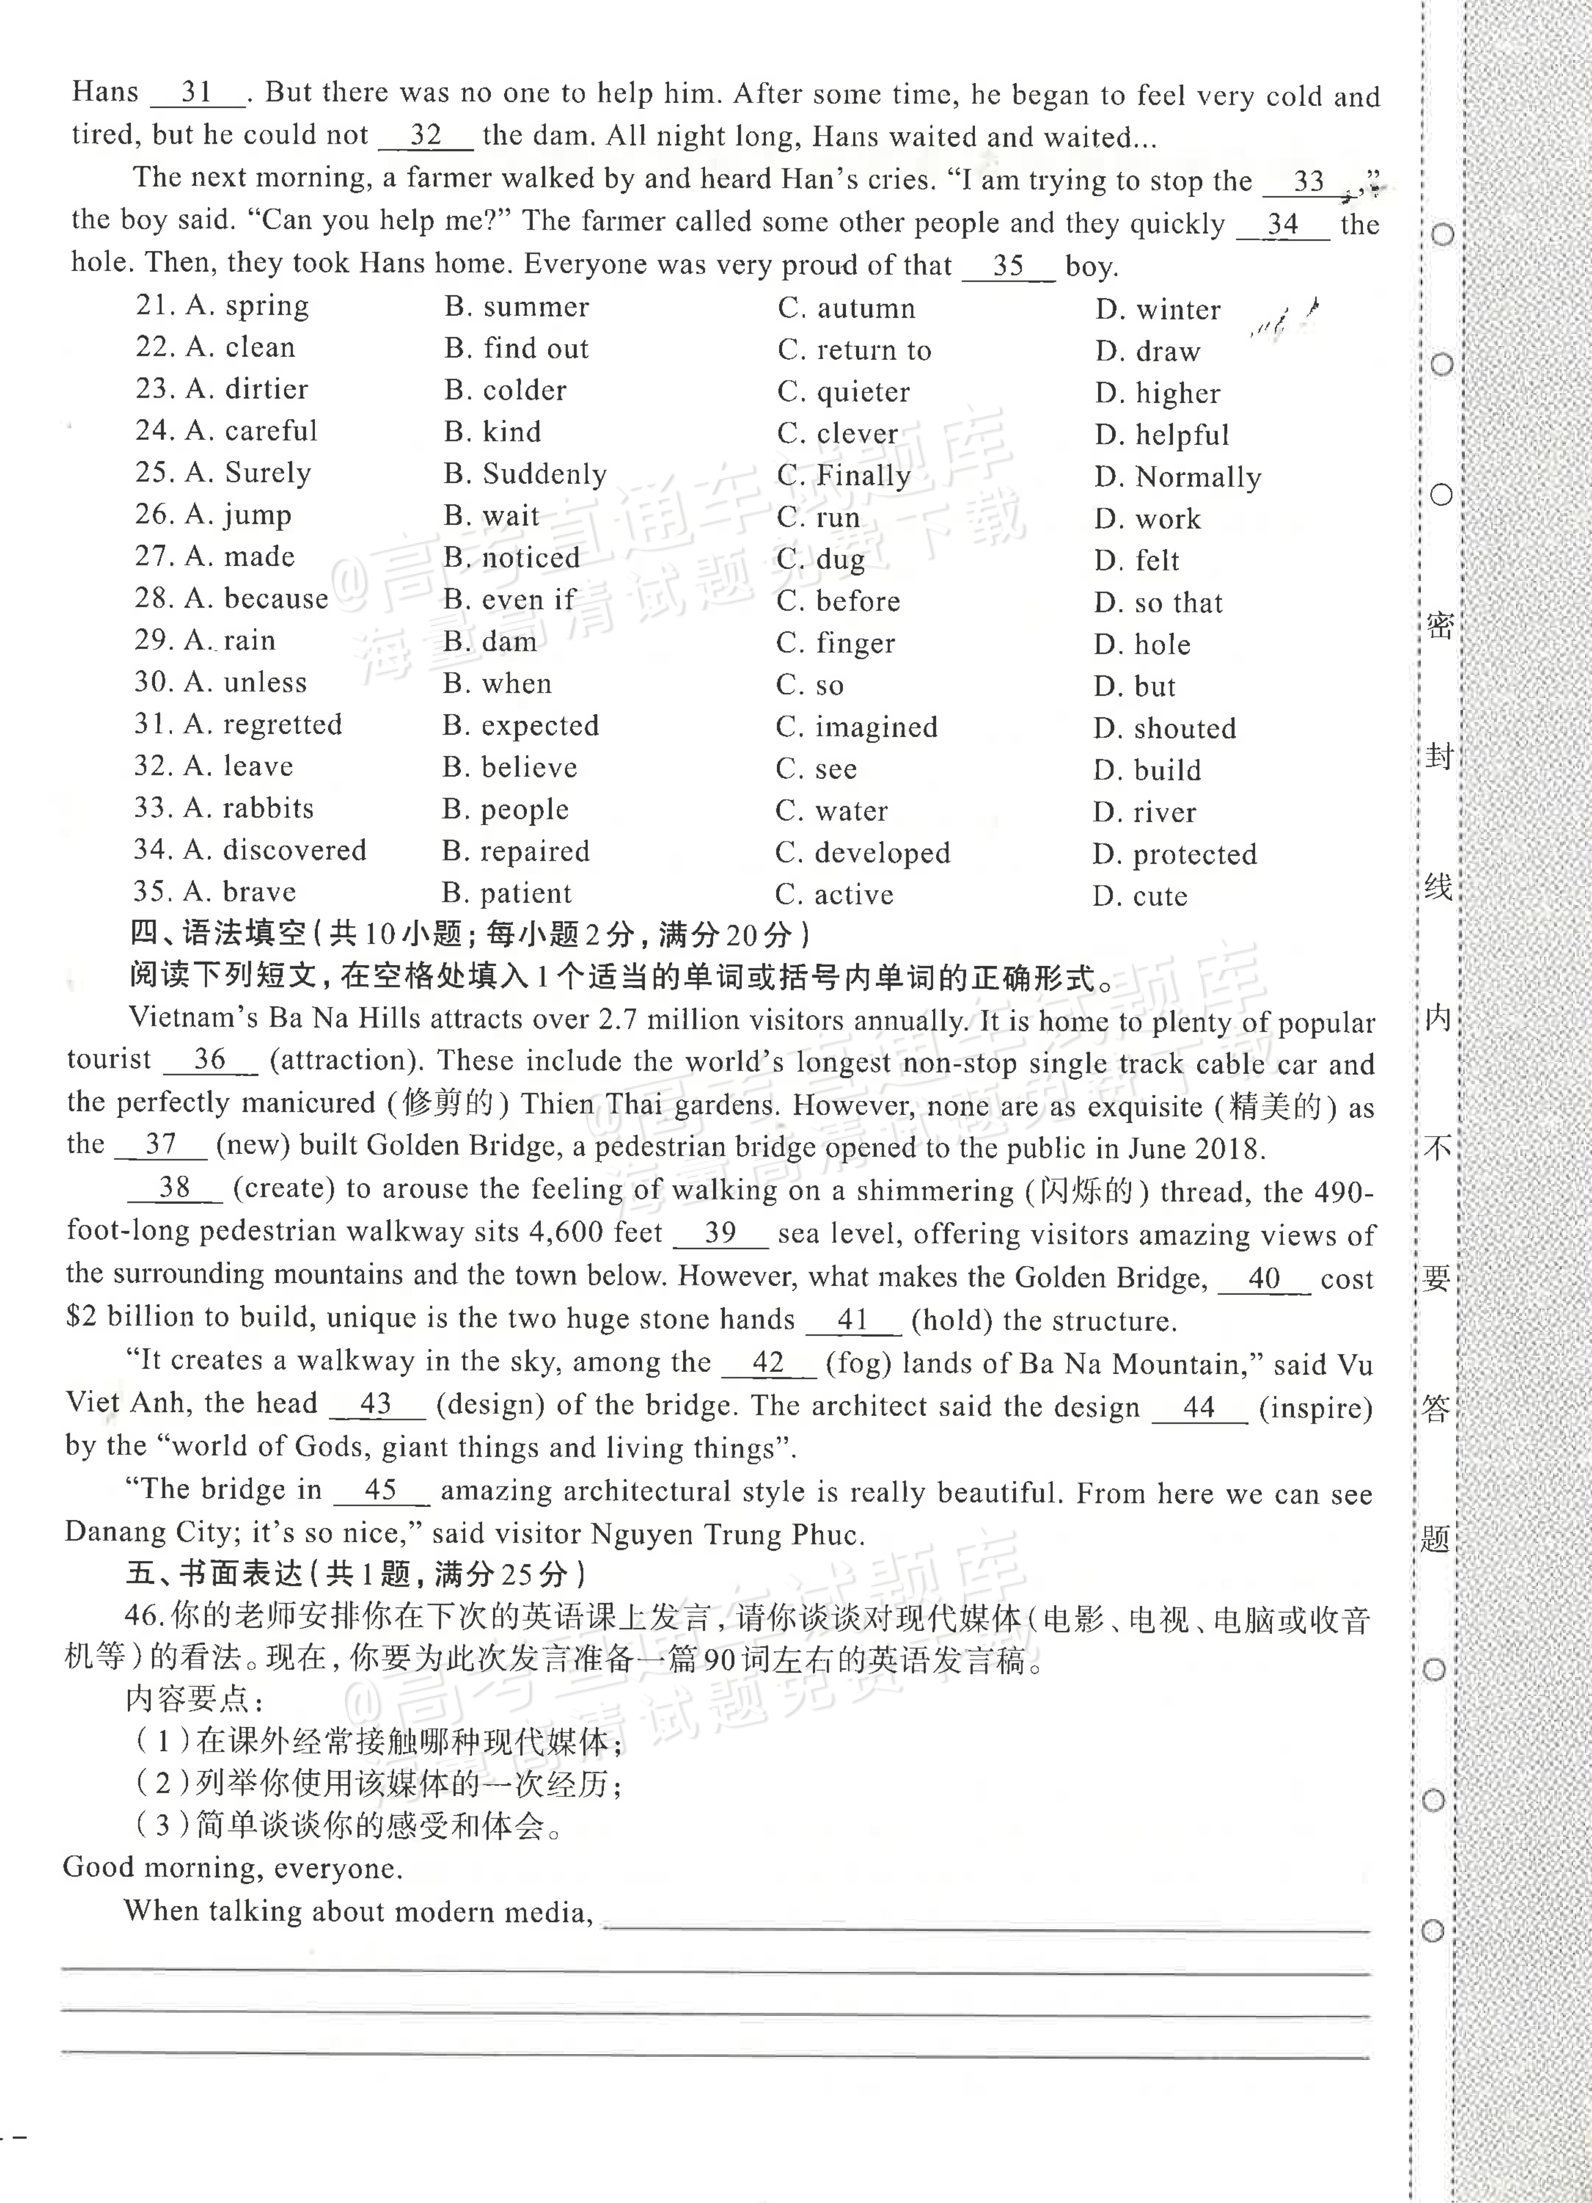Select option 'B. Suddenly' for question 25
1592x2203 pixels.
point(525,474)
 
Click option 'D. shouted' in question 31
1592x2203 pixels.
point(1165,728)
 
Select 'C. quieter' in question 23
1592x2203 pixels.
point(843,391)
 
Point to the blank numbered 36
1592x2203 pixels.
point(210,1060)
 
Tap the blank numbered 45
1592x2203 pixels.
point(381,1490)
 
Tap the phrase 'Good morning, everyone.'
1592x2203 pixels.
point(232,1868)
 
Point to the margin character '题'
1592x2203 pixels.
point(1434,1539)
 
